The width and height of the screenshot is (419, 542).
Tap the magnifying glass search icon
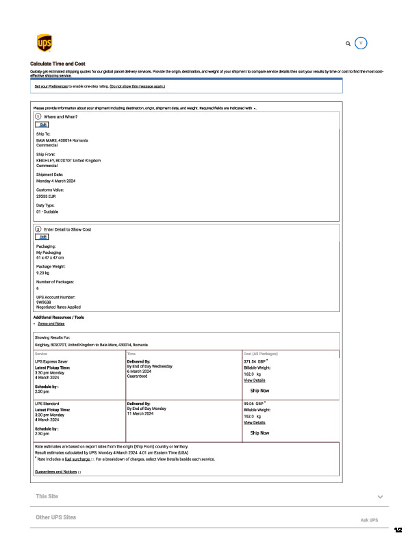[348, 43]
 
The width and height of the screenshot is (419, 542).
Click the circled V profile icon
[362, 42]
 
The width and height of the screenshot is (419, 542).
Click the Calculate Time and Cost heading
[58, 64]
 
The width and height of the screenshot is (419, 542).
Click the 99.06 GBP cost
[253, 404]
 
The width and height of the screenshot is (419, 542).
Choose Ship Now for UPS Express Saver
[259, 390]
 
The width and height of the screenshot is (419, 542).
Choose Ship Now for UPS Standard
[259, 433]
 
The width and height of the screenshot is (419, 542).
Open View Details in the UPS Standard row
[254, 422]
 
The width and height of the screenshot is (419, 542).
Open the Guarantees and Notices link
[56, 472]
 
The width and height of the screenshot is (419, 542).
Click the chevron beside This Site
[379, 496]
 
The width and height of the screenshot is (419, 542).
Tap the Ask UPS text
[369, 520]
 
